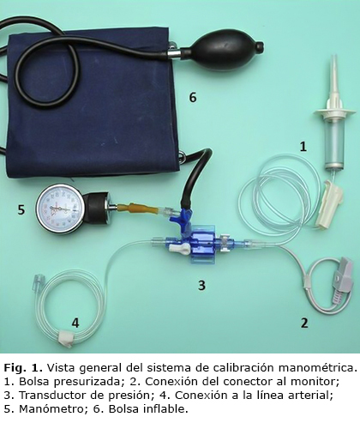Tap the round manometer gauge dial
pos(61,208)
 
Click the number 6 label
pos(193,98)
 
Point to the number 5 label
pos(21,210)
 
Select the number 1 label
pos(303,147)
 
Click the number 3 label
pos(201,285)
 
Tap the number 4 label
pos(75,323)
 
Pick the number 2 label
pos(304,323)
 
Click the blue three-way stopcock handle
pos(182,217)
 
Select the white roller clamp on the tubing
pos(329,204)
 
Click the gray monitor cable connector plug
pos(342,281)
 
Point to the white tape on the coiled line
pos(65,339)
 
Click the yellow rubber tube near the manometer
pos(138,208)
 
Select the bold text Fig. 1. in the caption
pos(24,368)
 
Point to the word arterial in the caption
pos(311,396)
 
